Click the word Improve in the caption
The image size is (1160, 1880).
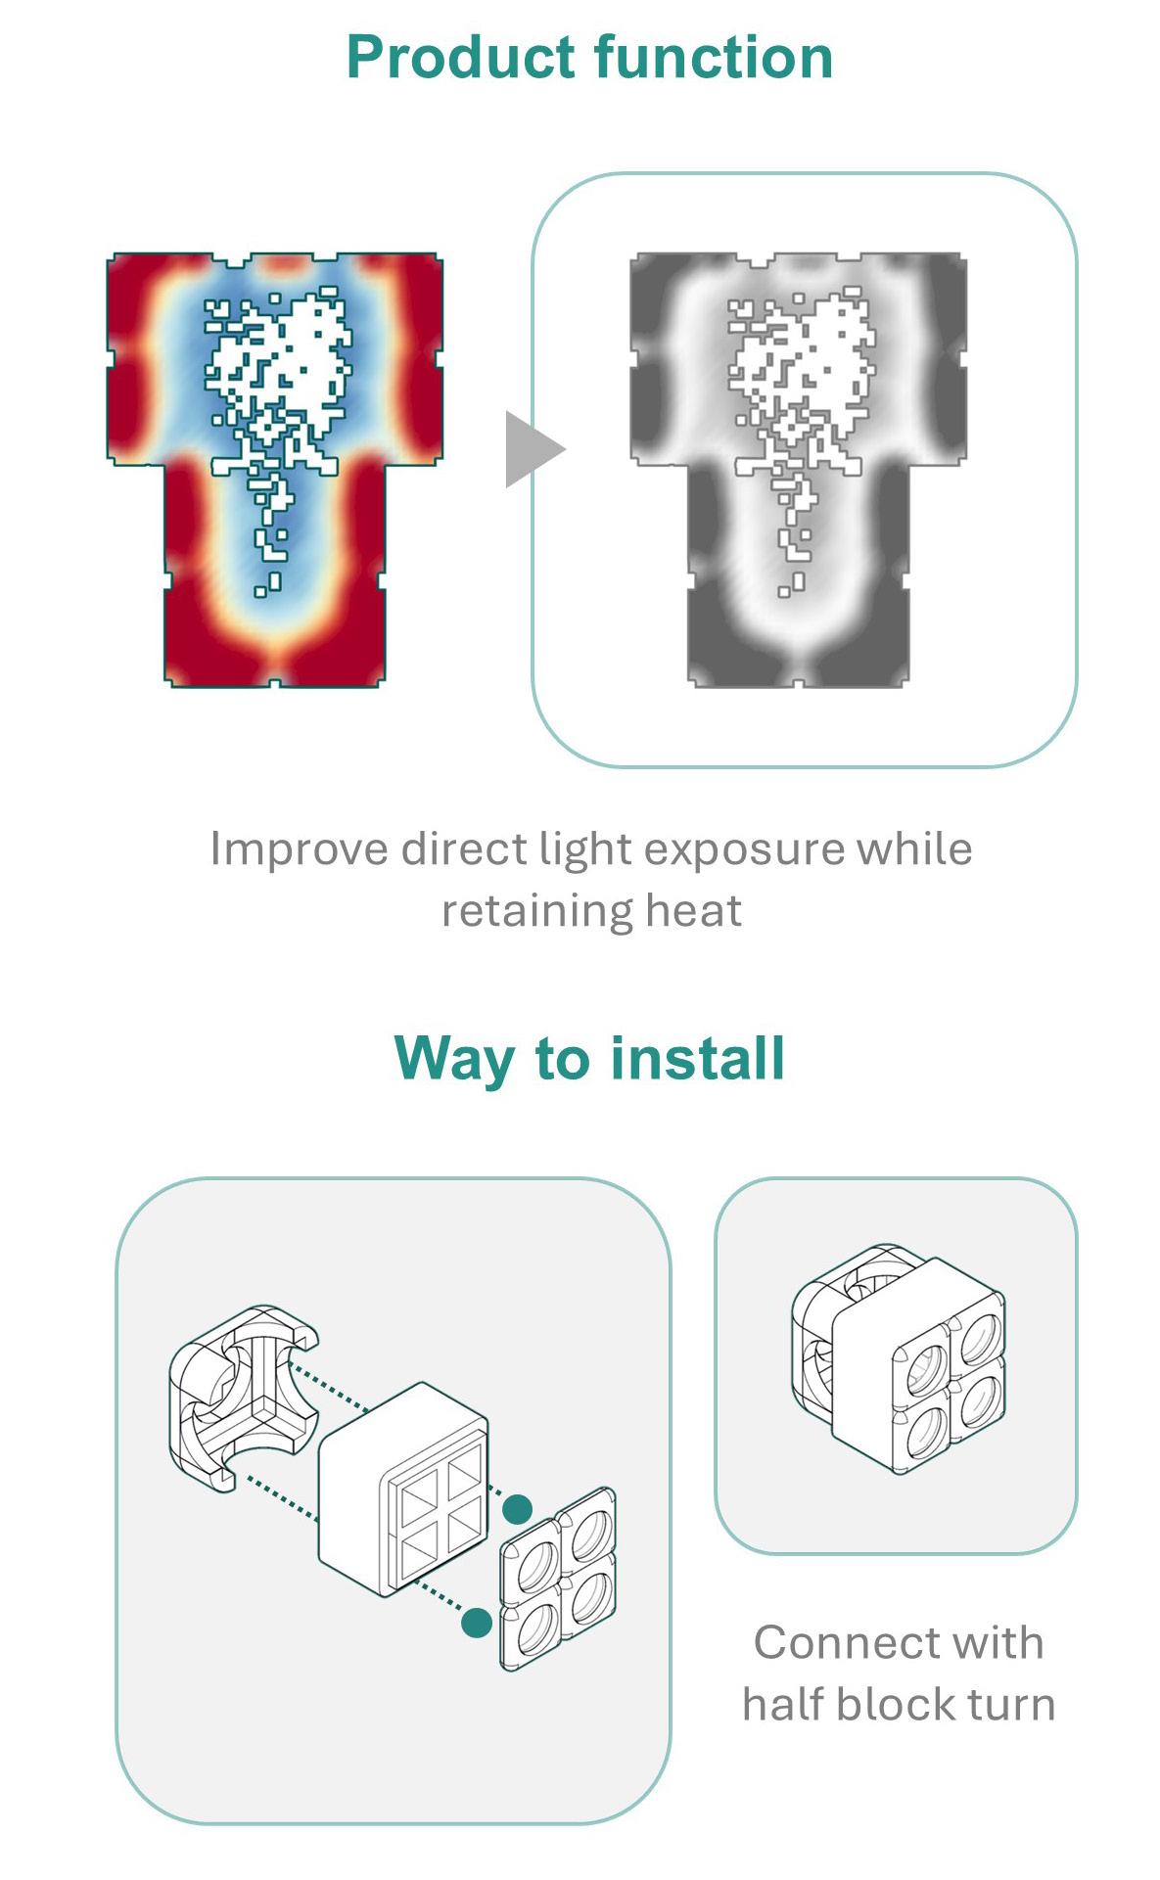(299, 849)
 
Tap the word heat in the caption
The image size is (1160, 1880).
(693, 910)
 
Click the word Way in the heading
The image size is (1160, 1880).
(453, 1059)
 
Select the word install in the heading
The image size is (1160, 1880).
(697, 1059)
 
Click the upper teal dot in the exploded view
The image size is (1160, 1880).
(517, 1509)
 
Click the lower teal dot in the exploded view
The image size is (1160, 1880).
(476, 1623)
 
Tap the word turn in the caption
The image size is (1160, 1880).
(1012, 1705)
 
